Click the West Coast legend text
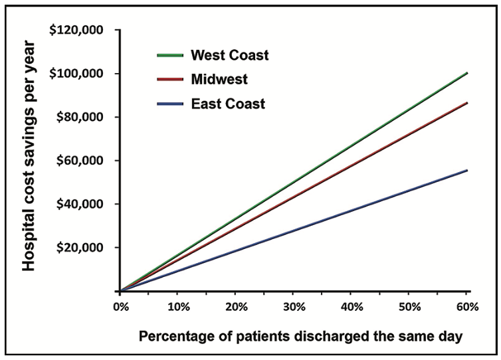[x=229, y=54]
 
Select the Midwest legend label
[x=219, y=80]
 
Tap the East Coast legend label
[x=227, y=104]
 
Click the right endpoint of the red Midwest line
[x=467, y=103]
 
